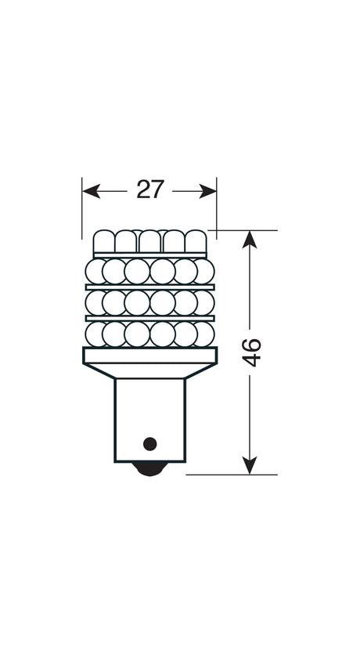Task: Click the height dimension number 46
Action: [252, 353]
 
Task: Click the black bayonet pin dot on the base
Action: [148, 442]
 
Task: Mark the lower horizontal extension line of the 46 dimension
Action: [235, 475]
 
